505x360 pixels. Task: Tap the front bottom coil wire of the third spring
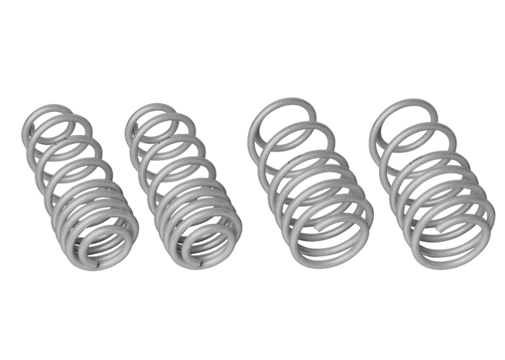click(x=335, y=258)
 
